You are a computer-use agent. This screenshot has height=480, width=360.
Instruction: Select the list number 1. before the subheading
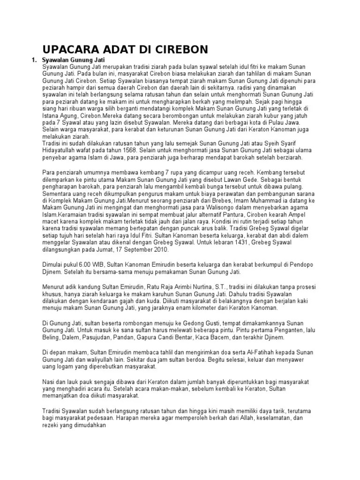click(33, 60)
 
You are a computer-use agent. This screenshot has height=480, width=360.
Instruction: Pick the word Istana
click(50, 113)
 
